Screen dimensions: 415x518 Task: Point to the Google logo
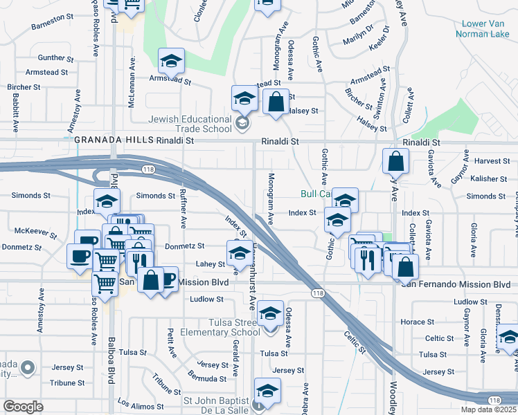point(23,406)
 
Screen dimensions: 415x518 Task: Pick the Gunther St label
point(51,57)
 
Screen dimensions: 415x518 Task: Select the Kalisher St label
point(489,178)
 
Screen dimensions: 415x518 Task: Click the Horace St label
point(416,322)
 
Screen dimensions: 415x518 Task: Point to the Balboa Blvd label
point(110,360)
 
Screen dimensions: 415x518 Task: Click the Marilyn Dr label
point(359,39)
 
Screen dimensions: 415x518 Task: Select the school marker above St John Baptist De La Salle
point(267,391)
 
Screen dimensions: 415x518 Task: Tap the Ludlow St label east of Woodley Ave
point(470,302)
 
